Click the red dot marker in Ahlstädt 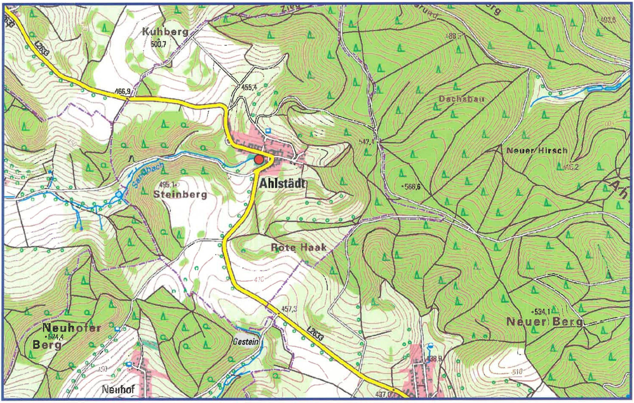pos(259,160)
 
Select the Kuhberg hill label pos(165,32)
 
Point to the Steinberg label pos(180,195)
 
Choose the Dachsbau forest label pos(461,99)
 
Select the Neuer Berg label pos(545,322)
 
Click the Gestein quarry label pos(246,342)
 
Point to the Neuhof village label pos(118,390)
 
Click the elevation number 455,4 pos(249,87)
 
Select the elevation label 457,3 pos(289,309)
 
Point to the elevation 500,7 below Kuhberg pos(158,44)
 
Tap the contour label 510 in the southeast pos(517,372)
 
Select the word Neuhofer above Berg pos(71,328)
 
